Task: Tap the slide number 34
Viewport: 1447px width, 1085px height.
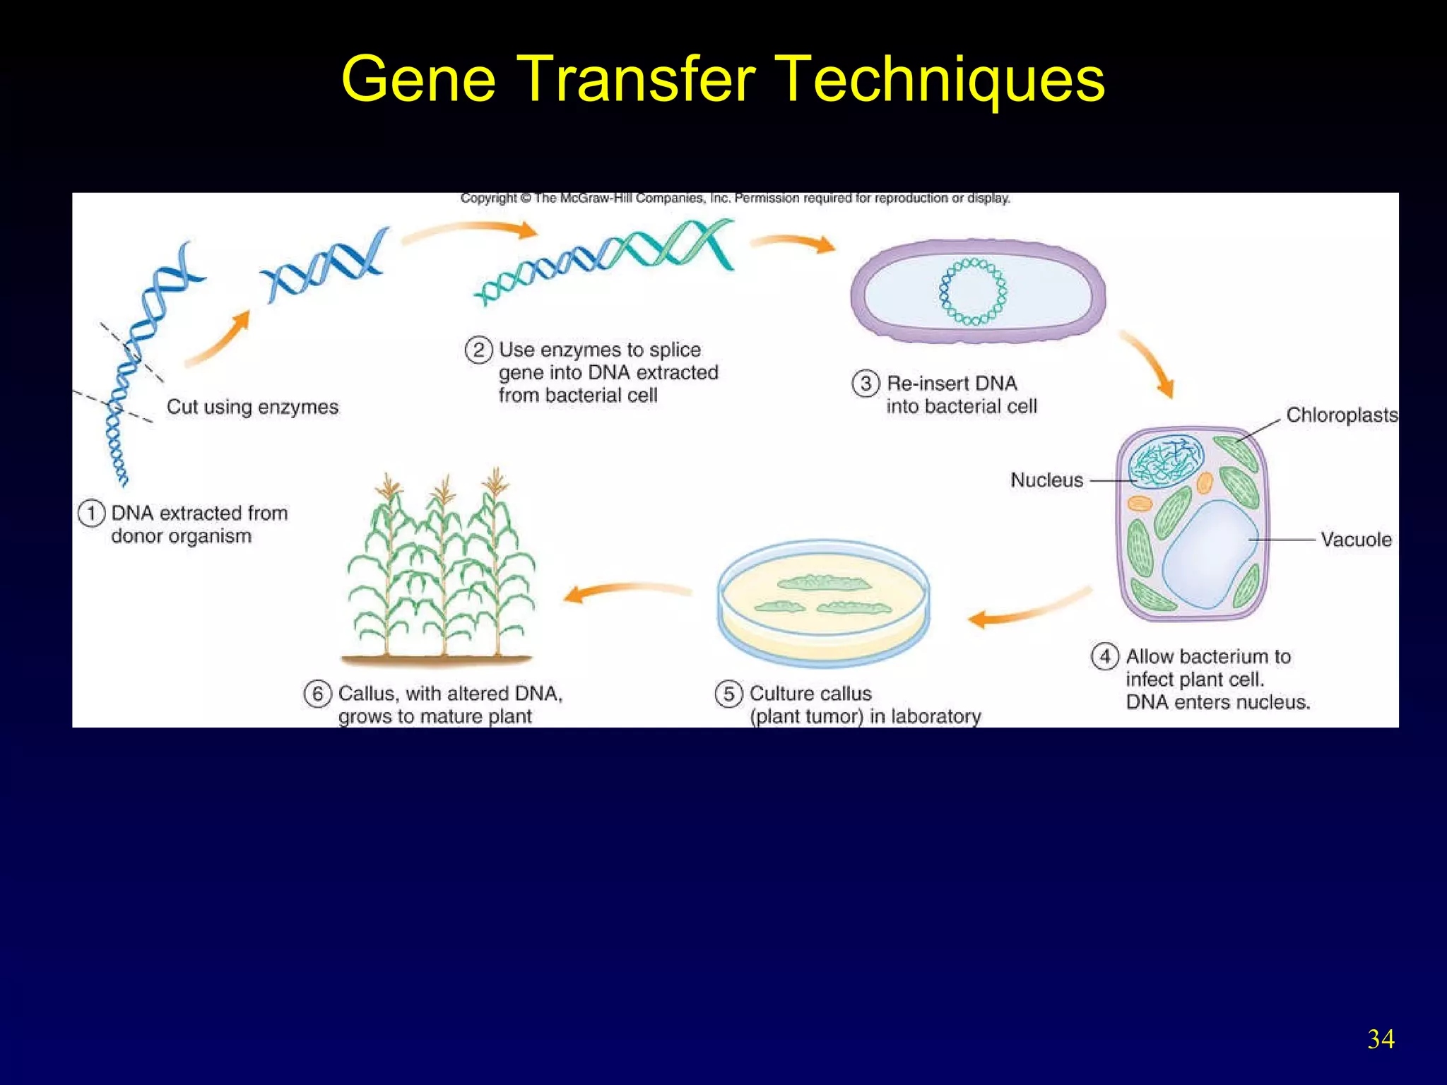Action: point(1381,1039)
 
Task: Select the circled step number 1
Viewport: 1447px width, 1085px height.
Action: point(91,514)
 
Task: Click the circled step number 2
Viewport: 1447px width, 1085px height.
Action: point(478,350)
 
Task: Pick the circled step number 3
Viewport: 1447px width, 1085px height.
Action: point(866,384)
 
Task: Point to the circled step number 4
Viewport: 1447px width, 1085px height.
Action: point(1105,656)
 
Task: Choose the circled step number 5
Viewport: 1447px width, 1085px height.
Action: point(728,694)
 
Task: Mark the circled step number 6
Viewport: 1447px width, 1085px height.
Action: point(317,694)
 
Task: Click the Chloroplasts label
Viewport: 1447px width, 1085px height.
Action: point(1341,415)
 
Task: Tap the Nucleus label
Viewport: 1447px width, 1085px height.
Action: point(1046,480)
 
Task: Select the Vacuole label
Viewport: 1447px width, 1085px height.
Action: point(1356,540)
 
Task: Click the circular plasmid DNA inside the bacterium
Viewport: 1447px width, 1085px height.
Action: point(973,292)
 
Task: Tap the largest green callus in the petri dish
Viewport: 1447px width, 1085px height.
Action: point(823,583)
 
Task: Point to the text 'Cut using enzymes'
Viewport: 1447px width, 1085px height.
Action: point(252,407)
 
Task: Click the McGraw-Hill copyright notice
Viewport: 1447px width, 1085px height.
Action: point(735,198)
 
